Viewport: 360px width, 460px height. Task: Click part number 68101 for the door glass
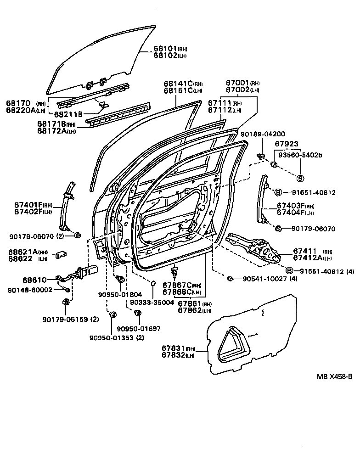coord(164,49)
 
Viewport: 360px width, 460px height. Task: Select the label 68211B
coord(68,114)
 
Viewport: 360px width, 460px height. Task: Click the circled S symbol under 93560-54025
coord(300,178)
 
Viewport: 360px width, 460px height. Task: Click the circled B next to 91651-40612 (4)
coord(289,271)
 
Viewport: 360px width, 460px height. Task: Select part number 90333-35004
coord(152,303)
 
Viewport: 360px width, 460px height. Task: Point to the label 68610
coord(34,280)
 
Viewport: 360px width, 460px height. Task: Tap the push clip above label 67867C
coord(174,272)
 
